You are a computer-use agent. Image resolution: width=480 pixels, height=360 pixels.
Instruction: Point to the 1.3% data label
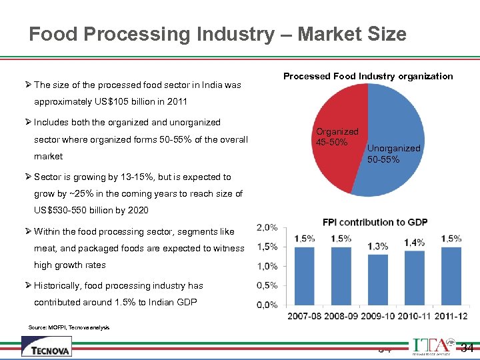coord(377,246)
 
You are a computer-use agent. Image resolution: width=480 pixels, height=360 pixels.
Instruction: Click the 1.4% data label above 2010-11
coord(414,242)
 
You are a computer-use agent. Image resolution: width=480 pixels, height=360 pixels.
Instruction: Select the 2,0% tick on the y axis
coord(267,227)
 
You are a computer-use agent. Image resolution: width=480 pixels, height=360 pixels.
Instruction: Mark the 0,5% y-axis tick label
coord(267,285)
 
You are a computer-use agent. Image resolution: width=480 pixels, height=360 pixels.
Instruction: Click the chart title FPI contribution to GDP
coord(375,222)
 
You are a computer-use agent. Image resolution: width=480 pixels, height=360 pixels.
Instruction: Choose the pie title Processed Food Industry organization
coord(368,76)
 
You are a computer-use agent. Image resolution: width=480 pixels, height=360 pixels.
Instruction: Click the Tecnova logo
coord(46,347)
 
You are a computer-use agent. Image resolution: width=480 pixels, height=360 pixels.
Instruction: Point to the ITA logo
coord(434,346)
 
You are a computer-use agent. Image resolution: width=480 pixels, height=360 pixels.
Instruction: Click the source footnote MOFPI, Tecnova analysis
coord(69,327)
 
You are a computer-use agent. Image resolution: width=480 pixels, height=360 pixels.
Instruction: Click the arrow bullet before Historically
coord(28,285)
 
